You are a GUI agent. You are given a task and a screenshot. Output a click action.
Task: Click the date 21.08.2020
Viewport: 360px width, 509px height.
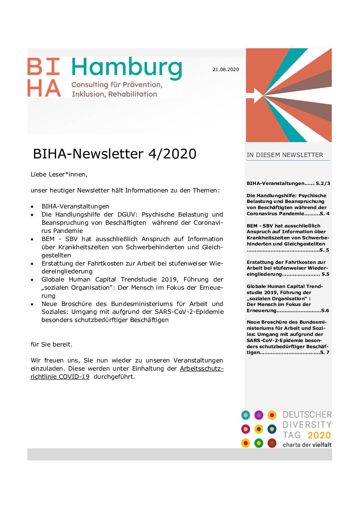tap(226, 69)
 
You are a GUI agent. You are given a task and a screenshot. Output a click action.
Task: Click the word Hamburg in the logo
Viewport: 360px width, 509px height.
tap(127, 68)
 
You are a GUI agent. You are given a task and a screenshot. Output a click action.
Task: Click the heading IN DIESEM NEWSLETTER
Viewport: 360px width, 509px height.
tap(285, 155)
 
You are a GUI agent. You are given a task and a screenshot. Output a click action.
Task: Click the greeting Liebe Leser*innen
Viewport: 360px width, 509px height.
tap(59, 174)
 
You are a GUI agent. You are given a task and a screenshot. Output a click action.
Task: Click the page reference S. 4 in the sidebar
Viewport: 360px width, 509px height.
tap(325, 214)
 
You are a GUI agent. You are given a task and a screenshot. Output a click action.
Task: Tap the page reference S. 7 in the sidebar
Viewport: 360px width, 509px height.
tap(325, 352)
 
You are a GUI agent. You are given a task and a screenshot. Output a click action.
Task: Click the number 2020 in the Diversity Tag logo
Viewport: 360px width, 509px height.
tap(319, 435)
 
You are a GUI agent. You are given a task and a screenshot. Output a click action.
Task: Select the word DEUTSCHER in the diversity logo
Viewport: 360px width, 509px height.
tap(307, 415)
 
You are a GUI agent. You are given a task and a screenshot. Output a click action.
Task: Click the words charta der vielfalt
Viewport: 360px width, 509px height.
tap(307, 445)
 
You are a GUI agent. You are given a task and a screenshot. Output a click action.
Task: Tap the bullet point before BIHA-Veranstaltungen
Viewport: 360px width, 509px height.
tap(32, 207)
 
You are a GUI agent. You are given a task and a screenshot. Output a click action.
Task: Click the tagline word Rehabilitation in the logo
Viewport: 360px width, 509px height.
tap(133, 94)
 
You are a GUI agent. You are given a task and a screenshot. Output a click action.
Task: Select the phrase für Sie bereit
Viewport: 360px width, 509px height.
tap(51, 344)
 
